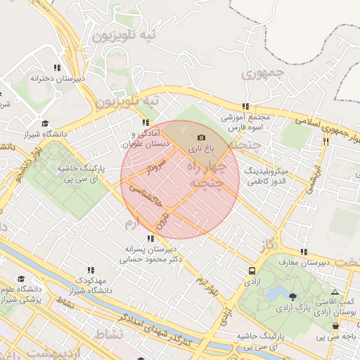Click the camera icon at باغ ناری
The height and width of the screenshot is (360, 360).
point(202,137)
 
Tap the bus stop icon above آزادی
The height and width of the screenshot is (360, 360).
point(252,271)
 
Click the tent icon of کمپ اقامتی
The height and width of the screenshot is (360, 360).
point(335,292)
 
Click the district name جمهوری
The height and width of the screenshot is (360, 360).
point(262,72)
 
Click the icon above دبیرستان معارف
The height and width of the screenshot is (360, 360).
point(303,252)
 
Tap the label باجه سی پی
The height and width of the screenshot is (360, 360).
point(341,337)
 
